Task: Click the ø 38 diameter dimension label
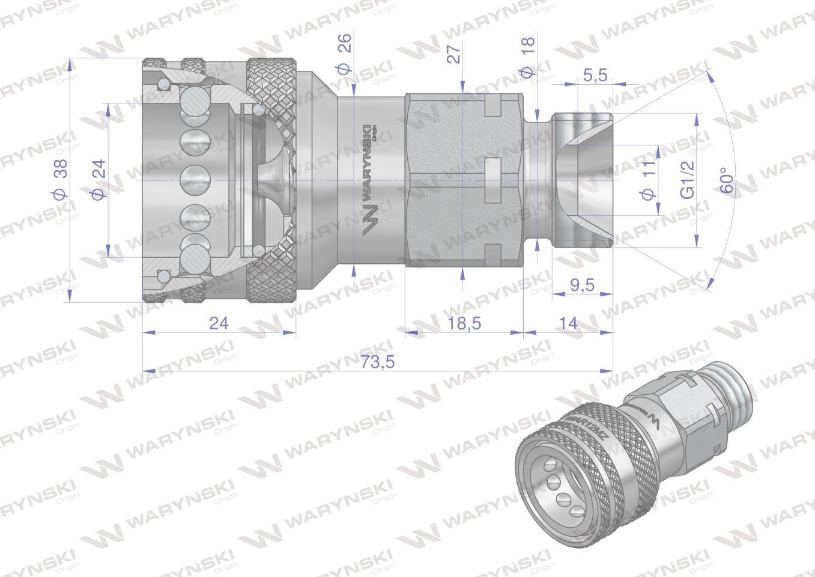(x=61, y=180)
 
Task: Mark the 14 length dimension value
(x=568, y=323)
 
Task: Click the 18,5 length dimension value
(x=464, y=323)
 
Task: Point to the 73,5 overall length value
(x=377, y=362)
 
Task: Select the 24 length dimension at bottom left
(x=219, y=323)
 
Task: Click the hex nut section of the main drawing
(x=464, y=180)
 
